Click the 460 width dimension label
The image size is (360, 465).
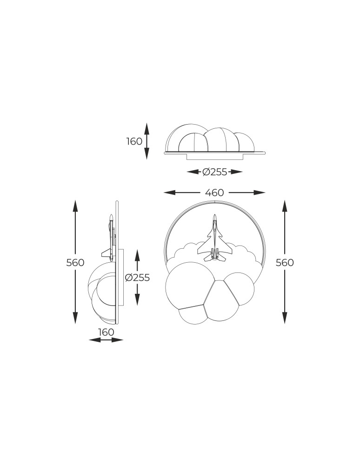214,193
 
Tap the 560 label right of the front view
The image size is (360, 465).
285,263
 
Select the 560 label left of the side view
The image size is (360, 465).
75,263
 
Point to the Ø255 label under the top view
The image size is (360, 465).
214,172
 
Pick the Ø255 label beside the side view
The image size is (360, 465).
138,278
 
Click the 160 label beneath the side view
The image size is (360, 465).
106,332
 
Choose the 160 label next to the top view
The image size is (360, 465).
134,141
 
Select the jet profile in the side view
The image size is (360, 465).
110,237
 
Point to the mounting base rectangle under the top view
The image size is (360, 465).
214,157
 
